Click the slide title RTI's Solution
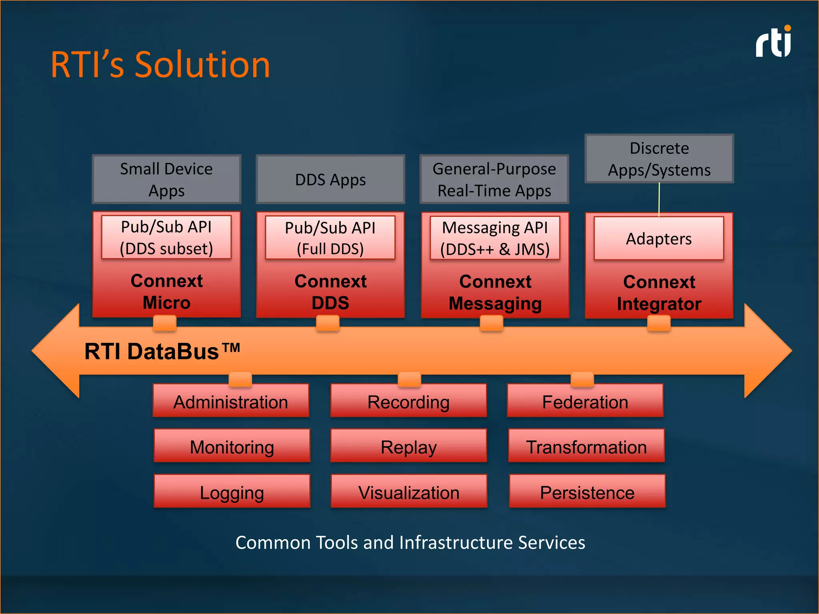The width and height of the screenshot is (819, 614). [x=160, y=65]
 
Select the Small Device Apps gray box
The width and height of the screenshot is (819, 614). [x=166, y=179]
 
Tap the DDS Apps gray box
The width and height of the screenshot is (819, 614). [x=330, y=179]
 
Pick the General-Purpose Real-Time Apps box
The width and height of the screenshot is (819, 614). [x=494, y=179]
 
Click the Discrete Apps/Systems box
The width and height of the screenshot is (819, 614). [x=659, y=159]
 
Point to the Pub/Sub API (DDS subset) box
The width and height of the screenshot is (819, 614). [x=166, y=237]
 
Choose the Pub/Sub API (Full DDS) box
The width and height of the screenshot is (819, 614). [x=330, y=238]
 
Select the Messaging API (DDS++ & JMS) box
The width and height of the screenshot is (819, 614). [x=495, y=238]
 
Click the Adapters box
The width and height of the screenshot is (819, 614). [x=659, y=239]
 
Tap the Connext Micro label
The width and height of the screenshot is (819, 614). [x=166, y=291]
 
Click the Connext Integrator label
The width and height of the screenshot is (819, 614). [x=659, y=293]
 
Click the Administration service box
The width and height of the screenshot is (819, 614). [x=231, y=401]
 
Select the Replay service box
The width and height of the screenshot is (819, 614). [x=408, y=447]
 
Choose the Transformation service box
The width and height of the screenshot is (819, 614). [x=586, y=447]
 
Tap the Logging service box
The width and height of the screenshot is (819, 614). [x=232, y=492]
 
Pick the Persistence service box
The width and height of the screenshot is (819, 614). [x=587, y=492]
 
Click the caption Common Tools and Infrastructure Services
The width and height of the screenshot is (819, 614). [x=410, y=542]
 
